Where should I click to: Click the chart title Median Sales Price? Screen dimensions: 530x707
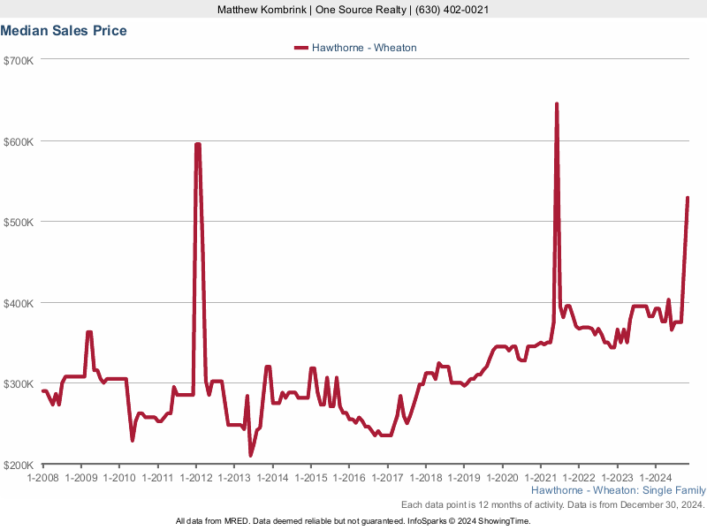click(64, 31)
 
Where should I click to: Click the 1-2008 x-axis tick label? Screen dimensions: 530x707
click(42, 478)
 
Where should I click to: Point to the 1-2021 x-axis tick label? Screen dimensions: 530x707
click(540, 478)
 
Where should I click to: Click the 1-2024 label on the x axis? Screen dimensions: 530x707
click(655, 478)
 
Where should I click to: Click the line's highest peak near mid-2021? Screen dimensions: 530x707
click(557, 104)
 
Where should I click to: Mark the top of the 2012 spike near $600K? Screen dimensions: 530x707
click(197, 145)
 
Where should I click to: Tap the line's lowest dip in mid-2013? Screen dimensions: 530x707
click(251, 455)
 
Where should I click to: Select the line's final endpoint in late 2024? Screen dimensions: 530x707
click(688, 198)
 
